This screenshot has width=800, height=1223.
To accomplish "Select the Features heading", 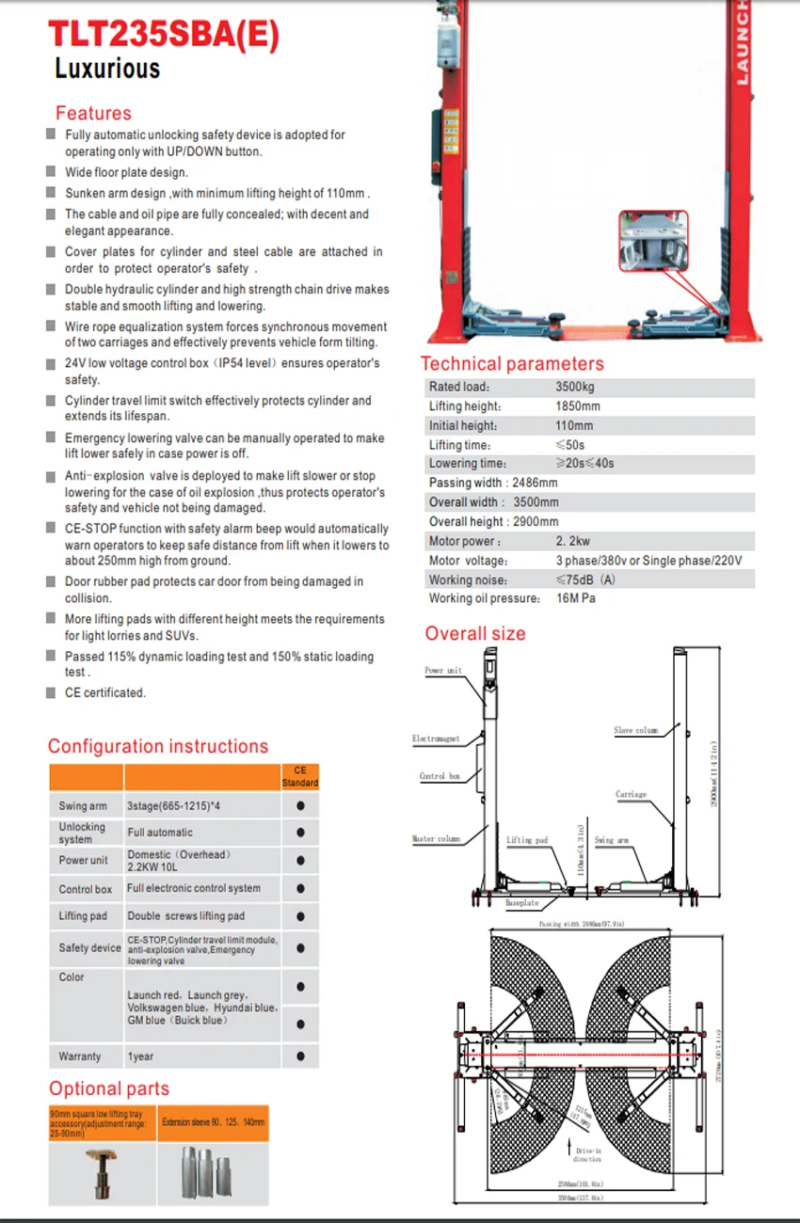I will click(x=93, y=113).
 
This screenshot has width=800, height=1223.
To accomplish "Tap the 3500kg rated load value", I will click(x=575, y=387).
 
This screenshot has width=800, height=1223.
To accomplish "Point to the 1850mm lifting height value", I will click(x=578, y=406).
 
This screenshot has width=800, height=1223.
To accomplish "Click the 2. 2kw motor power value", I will click(x=573, y=541).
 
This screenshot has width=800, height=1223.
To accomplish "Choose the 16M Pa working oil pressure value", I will click(x=575, y=598).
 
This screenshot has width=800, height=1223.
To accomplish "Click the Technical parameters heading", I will click(x=512, y=364).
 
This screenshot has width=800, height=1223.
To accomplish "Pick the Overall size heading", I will click(x=474, y=633).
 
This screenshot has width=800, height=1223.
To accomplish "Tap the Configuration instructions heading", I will click(x=158, y=746).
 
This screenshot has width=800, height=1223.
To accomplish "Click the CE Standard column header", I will click(x=300, y=776).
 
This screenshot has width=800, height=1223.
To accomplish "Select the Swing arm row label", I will click(x=83, y=806).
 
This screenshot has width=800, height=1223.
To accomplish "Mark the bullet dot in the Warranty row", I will click(x=300, y=1056).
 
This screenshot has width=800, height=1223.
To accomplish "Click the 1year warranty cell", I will click(x=140, y=1056).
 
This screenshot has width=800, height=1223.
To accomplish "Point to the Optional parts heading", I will click(x=109, y=1088).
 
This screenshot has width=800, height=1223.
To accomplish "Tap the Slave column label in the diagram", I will click(x=635, y=730).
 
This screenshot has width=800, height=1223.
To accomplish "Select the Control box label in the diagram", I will click(x=440, y=776).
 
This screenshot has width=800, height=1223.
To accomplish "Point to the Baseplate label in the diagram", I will click(x=521, y=902).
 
